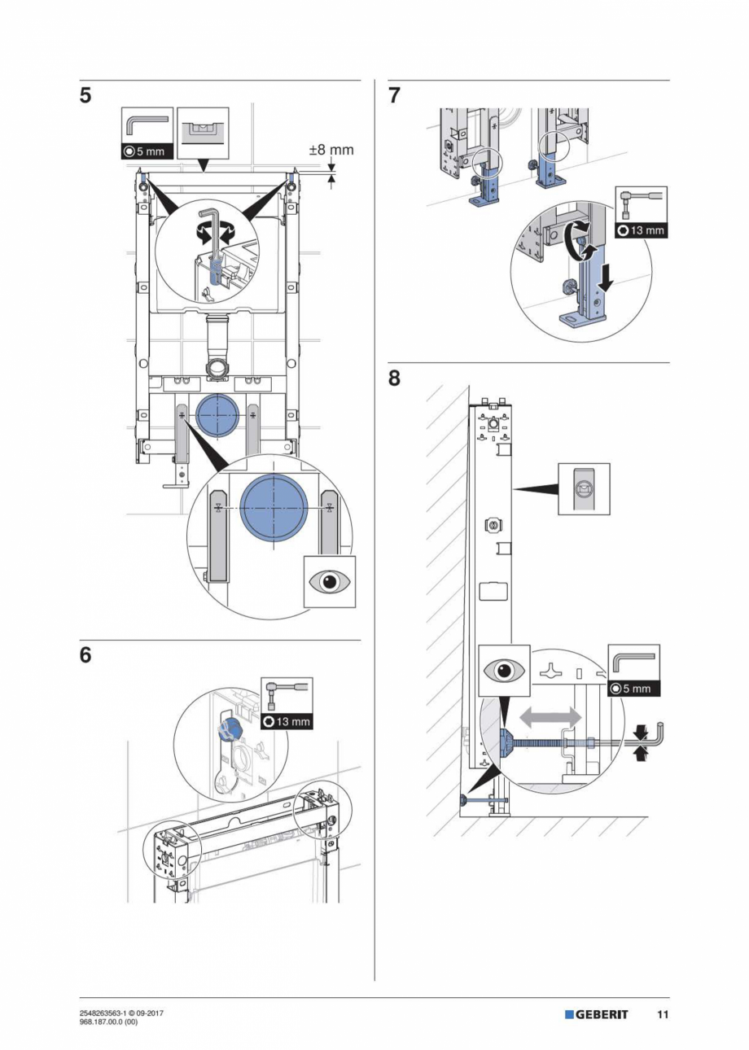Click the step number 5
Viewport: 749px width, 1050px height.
coord(85,96)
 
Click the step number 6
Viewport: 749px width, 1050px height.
coord(85,655)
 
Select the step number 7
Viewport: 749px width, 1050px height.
coord(395,96)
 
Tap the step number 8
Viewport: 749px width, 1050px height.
coord(395,379)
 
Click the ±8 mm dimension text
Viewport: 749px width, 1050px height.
coord(331,151)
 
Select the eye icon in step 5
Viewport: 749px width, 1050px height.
coord(330,582)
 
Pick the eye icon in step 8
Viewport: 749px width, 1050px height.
coord(504,672)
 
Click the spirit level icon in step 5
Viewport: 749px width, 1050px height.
coord(203,132)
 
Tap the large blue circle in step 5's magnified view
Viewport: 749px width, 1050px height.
coord(274,509)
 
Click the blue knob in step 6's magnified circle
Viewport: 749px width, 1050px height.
coord(230,727)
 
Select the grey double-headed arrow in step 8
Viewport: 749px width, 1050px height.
coord(551,717)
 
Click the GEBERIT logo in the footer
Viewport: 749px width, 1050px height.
coord(597,1014)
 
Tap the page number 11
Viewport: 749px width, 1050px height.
coord(663,1014)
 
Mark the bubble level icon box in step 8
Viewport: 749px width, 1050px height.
coord(584,488)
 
